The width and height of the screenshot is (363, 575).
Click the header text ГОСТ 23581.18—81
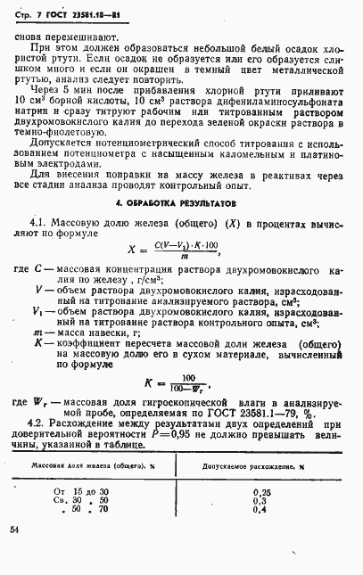click(86, 10)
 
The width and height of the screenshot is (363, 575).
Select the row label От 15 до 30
click(82, 491)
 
